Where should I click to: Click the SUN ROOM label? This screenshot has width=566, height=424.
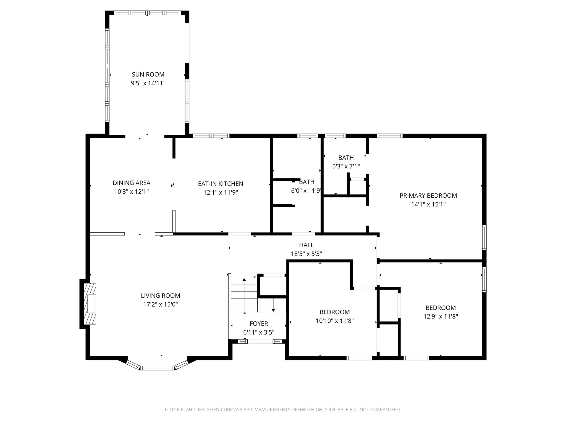click(148, 74)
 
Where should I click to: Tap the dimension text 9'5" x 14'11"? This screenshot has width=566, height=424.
click(148, 83)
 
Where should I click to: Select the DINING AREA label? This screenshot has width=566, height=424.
click(132, 183)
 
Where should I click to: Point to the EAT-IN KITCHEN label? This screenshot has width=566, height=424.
click(221, 184)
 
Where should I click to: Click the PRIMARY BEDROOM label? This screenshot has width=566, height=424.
click(428, 195)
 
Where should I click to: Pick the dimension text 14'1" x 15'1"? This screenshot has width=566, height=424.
click(428, 204)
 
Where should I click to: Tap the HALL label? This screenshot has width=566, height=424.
click(306, 245)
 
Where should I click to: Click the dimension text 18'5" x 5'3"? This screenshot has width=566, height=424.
click(306, 254)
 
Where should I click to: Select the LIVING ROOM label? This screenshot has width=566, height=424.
click(161, 296)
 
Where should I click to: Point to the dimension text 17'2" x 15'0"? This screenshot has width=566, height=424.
click(161, 304)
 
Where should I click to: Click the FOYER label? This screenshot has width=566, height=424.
click(259, 324)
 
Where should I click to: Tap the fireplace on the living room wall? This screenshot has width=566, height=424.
click(90, 304)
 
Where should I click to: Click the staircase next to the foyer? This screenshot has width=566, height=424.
click(245, 296)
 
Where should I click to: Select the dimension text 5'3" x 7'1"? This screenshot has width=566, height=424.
click(346, 166)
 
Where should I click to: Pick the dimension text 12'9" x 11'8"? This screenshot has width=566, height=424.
click(441, 316)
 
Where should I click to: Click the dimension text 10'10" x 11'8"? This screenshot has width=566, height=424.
click(335, 321)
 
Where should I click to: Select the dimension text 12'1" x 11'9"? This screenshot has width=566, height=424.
click(221, 192)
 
